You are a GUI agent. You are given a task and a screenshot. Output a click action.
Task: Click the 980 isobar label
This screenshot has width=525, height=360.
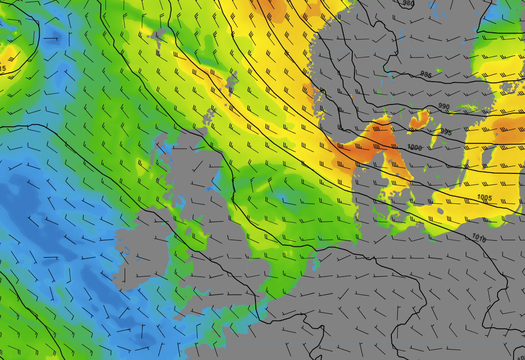408,4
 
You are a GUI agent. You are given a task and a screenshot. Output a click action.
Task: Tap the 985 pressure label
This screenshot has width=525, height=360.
426,74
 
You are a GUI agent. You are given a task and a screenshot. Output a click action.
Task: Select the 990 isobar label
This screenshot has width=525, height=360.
444,107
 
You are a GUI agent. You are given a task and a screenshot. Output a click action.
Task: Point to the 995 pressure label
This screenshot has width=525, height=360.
446,132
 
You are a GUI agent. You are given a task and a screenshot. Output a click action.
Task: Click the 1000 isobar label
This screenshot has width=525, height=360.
415,147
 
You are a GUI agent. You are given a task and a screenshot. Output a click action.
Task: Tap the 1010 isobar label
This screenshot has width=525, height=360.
479,238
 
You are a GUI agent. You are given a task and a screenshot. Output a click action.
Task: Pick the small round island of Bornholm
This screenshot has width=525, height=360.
440,211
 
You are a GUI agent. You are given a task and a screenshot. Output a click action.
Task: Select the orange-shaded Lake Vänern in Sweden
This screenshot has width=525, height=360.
419,120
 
